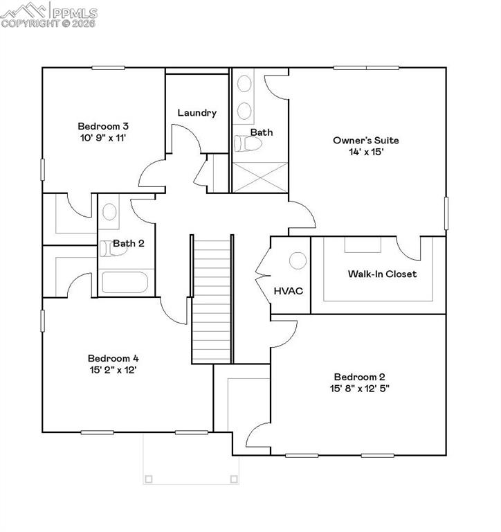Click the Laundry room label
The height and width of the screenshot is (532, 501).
197,112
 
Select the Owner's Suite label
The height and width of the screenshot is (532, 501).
366,140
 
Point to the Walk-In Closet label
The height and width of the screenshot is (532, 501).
382,274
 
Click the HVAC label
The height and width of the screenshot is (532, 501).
289,291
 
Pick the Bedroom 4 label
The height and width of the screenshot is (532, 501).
113,358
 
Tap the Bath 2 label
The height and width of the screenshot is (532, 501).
129,243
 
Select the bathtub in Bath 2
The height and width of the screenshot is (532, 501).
125,283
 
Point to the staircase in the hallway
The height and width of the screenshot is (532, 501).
211,298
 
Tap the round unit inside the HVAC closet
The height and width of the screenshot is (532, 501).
298,260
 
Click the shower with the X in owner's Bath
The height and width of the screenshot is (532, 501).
259,177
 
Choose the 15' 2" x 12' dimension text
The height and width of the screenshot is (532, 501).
113,370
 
